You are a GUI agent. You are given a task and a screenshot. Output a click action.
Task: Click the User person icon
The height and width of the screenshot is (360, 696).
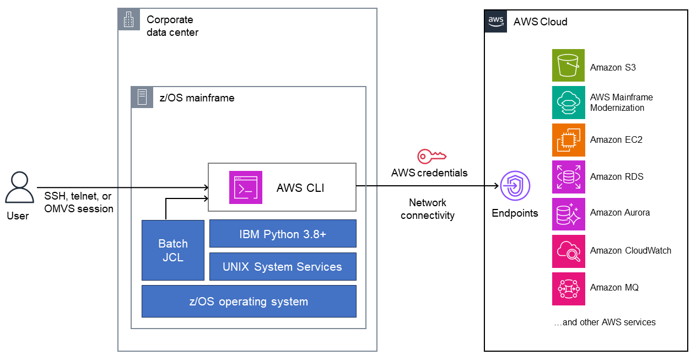point(19,187)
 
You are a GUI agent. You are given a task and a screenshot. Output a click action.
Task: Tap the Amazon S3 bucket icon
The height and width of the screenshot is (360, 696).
point(568,66)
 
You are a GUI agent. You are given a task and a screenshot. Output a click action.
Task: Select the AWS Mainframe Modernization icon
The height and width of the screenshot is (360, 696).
point(568,103)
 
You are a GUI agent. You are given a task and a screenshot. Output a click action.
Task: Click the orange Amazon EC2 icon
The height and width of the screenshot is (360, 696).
point(568,140)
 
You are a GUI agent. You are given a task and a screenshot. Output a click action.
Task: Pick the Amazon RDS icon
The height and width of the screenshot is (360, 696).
point(568,177)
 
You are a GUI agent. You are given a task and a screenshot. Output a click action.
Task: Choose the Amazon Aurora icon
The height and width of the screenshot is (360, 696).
point(568,214)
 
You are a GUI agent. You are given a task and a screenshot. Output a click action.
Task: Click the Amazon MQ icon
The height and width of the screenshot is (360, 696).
point(568,288)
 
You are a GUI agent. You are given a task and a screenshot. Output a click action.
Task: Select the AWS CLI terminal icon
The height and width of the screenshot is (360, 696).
point(246,187)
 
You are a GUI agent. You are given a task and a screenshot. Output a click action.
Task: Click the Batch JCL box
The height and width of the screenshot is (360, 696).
point(173,250)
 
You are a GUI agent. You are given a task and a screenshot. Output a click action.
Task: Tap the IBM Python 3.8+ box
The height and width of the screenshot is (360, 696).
point(283,234)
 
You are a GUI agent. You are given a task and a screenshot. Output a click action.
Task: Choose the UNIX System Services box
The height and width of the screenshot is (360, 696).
point(283,267)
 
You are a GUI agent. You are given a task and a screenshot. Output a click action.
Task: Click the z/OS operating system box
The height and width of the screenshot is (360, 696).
point(249,302)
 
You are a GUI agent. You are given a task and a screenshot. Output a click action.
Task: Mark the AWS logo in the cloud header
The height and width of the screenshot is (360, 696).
point(495,22)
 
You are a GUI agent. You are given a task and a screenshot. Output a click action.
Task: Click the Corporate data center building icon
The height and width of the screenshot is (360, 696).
point(129,20)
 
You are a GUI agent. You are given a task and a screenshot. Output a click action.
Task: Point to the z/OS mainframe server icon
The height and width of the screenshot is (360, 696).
point(142,97)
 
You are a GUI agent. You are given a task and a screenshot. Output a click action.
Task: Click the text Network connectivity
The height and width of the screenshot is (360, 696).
point(428,209)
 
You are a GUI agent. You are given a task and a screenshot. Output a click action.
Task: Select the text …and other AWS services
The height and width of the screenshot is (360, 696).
point(605,322)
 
